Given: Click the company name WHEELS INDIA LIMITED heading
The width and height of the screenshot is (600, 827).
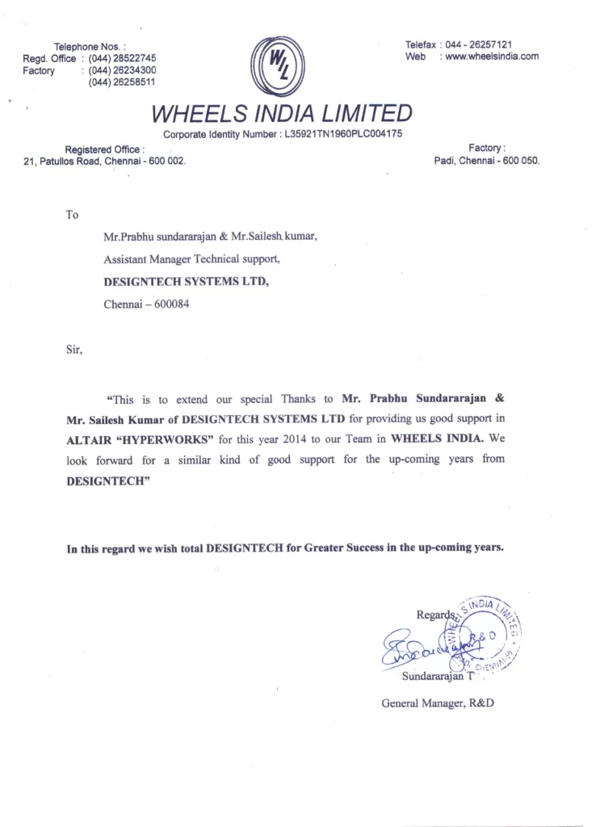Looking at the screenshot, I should [282, 112].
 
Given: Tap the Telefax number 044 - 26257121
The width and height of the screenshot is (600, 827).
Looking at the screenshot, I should [483, 44].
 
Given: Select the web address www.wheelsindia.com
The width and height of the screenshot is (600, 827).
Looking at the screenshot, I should [489, 57].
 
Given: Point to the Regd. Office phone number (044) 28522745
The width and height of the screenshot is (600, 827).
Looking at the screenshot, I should [122, 58].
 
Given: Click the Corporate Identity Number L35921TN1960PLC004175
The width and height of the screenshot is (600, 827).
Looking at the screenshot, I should [343, 133].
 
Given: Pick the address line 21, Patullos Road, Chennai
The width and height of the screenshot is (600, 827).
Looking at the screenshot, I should [105, 161].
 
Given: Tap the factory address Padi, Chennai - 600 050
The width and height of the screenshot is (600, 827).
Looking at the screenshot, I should [486, 161].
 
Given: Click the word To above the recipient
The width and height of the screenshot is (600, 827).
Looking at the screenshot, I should [72, 215].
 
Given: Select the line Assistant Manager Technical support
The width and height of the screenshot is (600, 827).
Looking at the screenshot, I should [192, 260].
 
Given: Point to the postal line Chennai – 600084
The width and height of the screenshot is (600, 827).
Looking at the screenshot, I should [146, 305].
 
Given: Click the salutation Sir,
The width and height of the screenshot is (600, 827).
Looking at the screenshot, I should [73, 351].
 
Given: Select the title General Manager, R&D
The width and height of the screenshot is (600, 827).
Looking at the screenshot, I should [438, 703].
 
